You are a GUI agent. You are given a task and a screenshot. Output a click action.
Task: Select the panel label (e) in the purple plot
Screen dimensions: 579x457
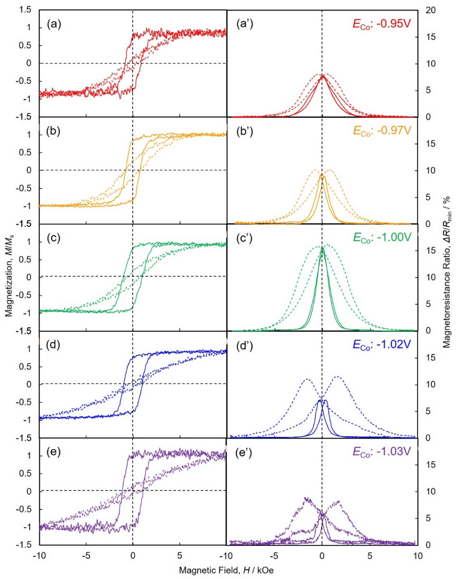[54, 452]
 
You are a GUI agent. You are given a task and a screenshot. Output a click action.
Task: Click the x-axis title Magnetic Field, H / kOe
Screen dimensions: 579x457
[226, 570]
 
